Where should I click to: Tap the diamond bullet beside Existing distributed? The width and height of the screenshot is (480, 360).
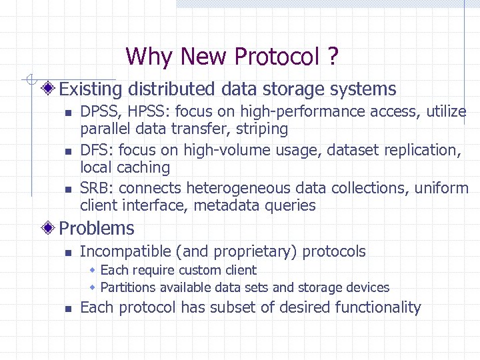tap(49, 89)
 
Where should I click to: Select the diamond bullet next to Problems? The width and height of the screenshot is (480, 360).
tap(49, 228)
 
